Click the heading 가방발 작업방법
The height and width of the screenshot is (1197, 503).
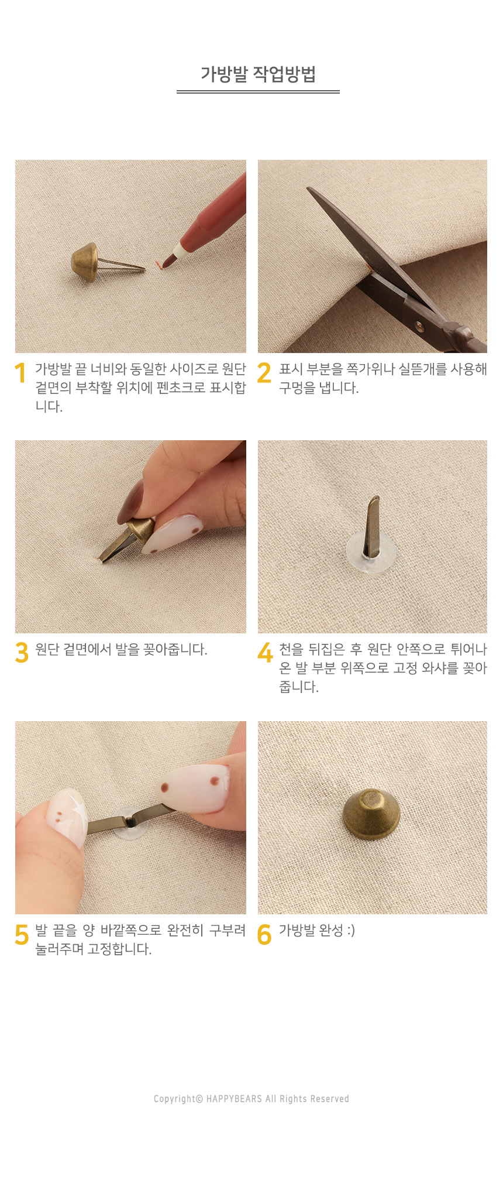tap(258, 74)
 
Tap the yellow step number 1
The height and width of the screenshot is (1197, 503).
tap(20, 373)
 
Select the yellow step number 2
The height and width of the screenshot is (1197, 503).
tap(264, 373)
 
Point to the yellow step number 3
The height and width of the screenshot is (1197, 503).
tap(22, 653)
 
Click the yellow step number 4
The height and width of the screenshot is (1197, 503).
tap(265, 653)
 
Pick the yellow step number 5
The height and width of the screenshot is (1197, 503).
tap(22, 934)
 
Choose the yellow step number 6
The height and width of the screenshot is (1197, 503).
tap(264, 934)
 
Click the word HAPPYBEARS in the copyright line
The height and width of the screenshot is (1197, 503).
tap(234, 1099)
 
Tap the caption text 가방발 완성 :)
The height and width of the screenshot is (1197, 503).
tap(316, 930)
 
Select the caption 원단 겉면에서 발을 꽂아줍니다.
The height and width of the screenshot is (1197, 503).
tap(121, 649)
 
